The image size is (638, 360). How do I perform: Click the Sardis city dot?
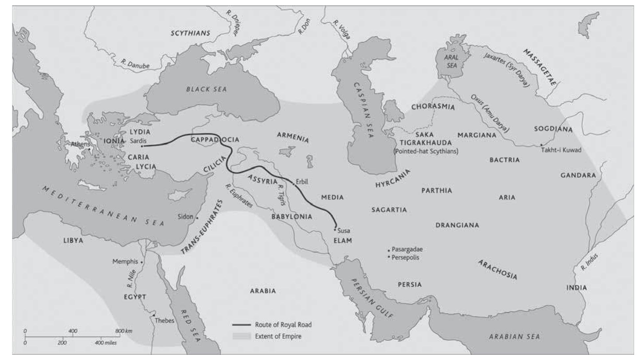pyautogui.click(x=142, y=146)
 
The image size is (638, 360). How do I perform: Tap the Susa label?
pyautogui.click(x=344, y=231)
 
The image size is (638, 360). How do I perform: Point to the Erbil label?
pyautogui.click(x=302, y=181)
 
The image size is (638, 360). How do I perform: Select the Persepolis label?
pyautogui.click(x=405, y=257)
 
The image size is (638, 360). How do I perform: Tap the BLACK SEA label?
pyautogui.click(x=206, y=89)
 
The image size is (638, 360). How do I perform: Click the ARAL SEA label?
pyautogui.click(x=452, y=61)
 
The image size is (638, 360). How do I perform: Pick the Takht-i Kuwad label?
pyautogui.click(x=561, y=150)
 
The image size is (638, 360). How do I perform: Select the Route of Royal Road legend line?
pyautogui.click(x=242, y=325)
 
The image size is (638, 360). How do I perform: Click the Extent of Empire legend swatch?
pyautogui.click(x=242, y=336)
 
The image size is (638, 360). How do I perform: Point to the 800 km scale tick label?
pyautogui.click(x=124, y=331)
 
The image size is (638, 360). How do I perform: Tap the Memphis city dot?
pyautogui.click(x=142, y=262)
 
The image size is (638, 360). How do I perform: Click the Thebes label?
pyautogui.click(x=164, y=321)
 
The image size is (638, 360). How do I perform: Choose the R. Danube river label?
pyautogui.click(x=135, y=64)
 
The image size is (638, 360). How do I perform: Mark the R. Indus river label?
pyautogui.click(x=589, y=262)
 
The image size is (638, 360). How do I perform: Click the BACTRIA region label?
pyautogui.click(x=505, y=160)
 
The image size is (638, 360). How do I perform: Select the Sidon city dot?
pyautogui.click(x=197, y=218)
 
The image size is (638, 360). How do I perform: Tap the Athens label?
pyautogui.click(x=80, y=144)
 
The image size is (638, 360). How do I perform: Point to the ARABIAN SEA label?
pyautogui.click(x=514, y=337)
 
